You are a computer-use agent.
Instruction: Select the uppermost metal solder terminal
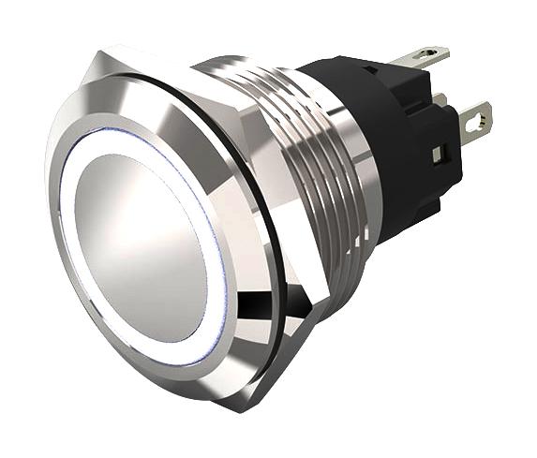point(419,59)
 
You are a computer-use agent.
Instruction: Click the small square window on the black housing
point(438,151)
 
